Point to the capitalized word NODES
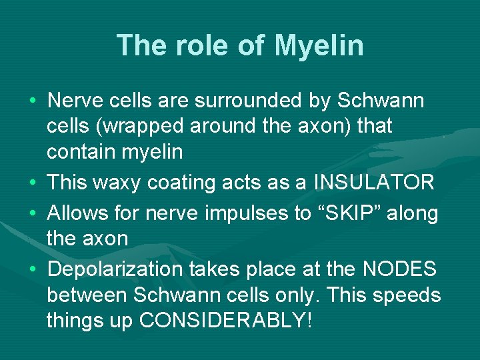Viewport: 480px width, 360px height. [x=399, y=269]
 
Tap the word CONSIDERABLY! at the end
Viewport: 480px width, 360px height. [x=225, y=320]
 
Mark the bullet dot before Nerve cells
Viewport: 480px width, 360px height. [x=32, y=101]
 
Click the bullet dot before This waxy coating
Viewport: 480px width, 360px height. [x=32, y=182]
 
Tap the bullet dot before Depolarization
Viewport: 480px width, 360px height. [x=32, y=270]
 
